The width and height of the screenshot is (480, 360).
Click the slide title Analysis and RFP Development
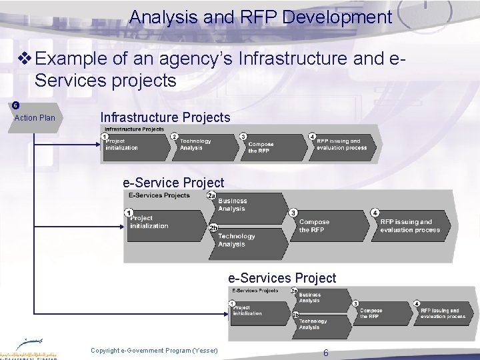[261, 17]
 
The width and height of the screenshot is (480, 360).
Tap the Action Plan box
[35, 118]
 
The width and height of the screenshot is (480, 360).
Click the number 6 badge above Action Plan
[14, 105]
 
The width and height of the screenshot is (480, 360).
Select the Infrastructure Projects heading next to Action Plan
[165, 117]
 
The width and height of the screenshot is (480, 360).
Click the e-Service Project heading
[173, 182]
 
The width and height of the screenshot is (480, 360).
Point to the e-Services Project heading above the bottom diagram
[282, 277]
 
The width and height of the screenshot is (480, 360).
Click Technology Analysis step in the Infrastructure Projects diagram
[198, 145]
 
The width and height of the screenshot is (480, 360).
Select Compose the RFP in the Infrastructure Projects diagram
[263, 147]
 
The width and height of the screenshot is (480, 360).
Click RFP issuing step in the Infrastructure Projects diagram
[342, 145]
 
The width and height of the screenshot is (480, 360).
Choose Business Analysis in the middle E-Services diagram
[233, 205]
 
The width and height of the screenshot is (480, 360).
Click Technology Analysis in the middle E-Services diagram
[237, 240]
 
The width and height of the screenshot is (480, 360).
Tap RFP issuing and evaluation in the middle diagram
[409, 225]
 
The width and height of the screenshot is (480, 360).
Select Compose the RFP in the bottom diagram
[372, 313]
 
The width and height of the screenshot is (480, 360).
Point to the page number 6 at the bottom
[325, 353]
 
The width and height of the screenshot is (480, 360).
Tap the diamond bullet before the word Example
[25, 59]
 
